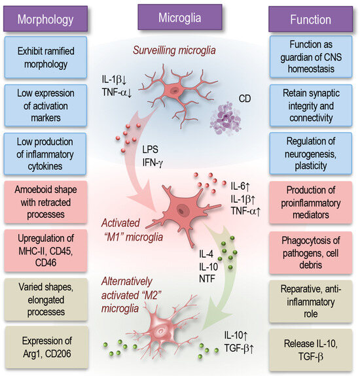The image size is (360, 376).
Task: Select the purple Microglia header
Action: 177,18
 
